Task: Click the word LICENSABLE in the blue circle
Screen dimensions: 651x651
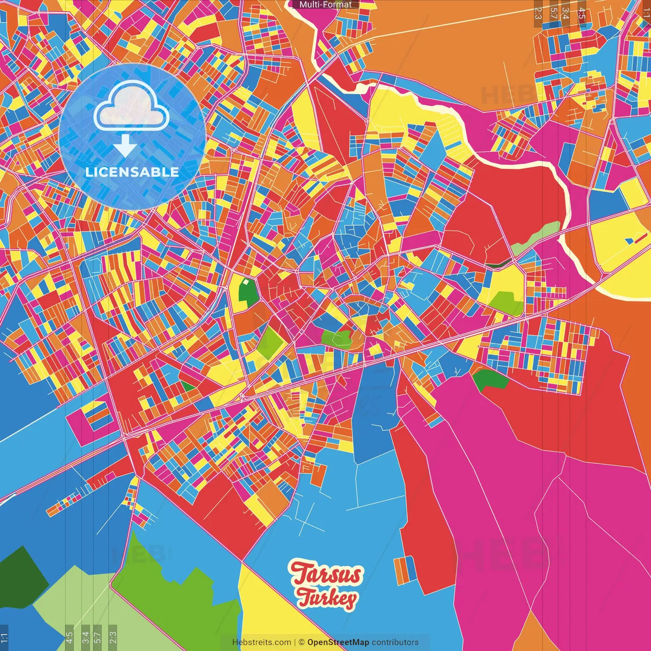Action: pyautogui.click(x=132, y=172)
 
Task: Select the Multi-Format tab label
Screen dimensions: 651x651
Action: pyautogui.click(x=325, y=5)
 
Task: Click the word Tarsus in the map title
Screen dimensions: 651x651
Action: pyautogui.click(x=327, y=574)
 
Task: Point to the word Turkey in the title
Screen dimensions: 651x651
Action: pyautogui.click(x=327, y=598)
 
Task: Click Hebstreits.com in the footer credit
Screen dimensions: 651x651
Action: pyautogui.click(x=261, y=642)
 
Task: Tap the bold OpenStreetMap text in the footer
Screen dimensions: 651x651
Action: pyautogui.click(x=338, y=642)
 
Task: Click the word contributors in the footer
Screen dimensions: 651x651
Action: pyautogui.click(x=395, y=642)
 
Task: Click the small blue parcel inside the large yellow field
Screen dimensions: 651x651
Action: pyautogui.click(x=629, y=241)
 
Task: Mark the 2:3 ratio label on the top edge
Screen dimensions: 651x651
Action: pyautogui.click(x=538, y=13)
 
